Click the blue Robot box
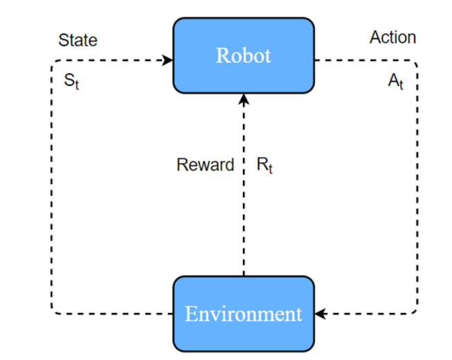244,55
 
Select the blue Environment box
244,314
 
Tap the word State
78,39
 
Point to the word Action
392,37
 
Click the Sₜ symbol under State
72,82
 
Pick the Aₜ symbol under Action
395,82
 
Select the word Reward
205,165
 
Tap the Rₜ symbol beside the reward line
264,166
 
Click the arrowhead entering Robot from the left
168,60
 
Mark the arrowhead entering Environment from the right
320,314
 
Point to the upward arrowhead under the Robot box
244,98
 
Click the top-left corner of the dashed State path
52,61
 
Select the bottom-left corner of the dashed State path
52,313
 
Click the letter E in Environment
191,314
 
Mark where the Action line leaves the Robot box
316,60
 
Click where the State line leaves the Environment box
172,314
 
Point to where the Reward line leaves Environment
244,276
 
